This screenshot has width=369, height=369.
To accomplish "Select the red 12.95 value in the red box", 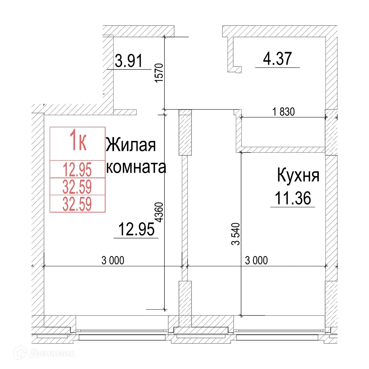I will pyautogui.click(x=77, y=170).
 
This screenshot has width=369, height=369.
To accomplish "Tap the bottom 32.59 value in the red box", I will pyautogui.click(x=77, y=204).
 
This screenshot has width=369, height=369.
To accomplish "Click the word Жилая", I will pyautogui.click(x=131, y=145).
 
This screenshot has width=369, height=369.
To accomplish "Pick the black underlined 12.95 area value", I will pyautogui.click(x=136, y=230).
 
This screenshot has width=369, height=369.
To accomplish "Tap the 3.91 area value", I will pyautogui.click(x=128, y=61).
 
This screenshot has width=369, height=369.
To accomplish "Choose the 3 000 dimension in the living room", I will pyautogui.click(x=113, y=261).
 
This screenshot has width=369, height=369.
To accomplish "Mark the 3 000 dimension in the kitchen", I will pyautogui.click(x=256, y=261).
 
